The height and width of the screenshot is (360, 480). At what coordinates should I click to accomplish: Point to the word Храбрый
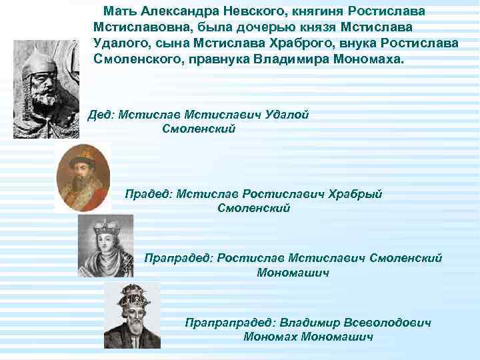pyautogui.click(x=359, y=194)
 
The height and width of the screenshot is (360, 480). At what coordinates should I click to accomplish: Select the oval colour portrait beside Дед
pyautogui.click(x=81, y=176)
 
